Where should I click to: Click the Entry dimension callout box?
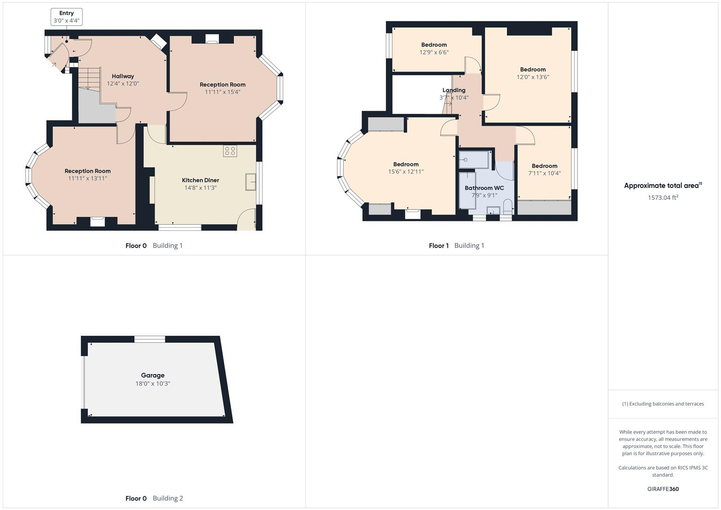click(67, 17)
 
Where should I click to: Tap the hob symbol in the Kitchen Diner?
click(230, 151)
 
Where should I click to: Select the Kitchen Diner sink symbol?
click(251, 182)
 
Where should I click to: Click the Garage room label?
click(153, 375)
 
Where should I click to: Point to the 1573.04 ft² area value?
click(663, 198)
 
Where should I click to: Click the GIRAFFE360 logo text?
click(663, 489)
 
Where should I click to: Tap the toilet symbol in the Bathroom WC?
click(508, 207)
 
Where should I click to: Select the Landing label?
click(454, 90)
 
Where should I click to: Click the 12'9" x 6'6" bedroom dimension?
click(434, 52)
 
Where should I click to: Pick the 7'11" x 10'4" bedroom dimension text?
click(544, 173)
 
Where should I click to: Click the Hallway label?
click(123, 76)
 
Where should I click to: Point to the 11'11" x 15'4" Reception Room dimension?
click(222, 92)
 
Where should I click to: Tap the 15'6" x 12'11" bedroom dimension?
click(406, 172)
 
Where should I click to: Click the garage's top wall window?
click(150, 339)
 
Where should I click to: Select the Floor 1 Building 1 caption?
click(457, 246)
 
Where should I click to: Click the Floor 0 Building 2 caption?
click(154, 498)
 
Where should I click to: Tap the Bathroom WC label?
click(484, 188)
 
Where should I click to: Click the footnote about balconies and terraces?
click(663, 404)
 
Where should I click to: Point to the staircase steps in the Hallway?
click(89, 78)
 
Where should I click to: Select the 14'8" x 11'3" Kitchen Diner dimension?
click(200, 188)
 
